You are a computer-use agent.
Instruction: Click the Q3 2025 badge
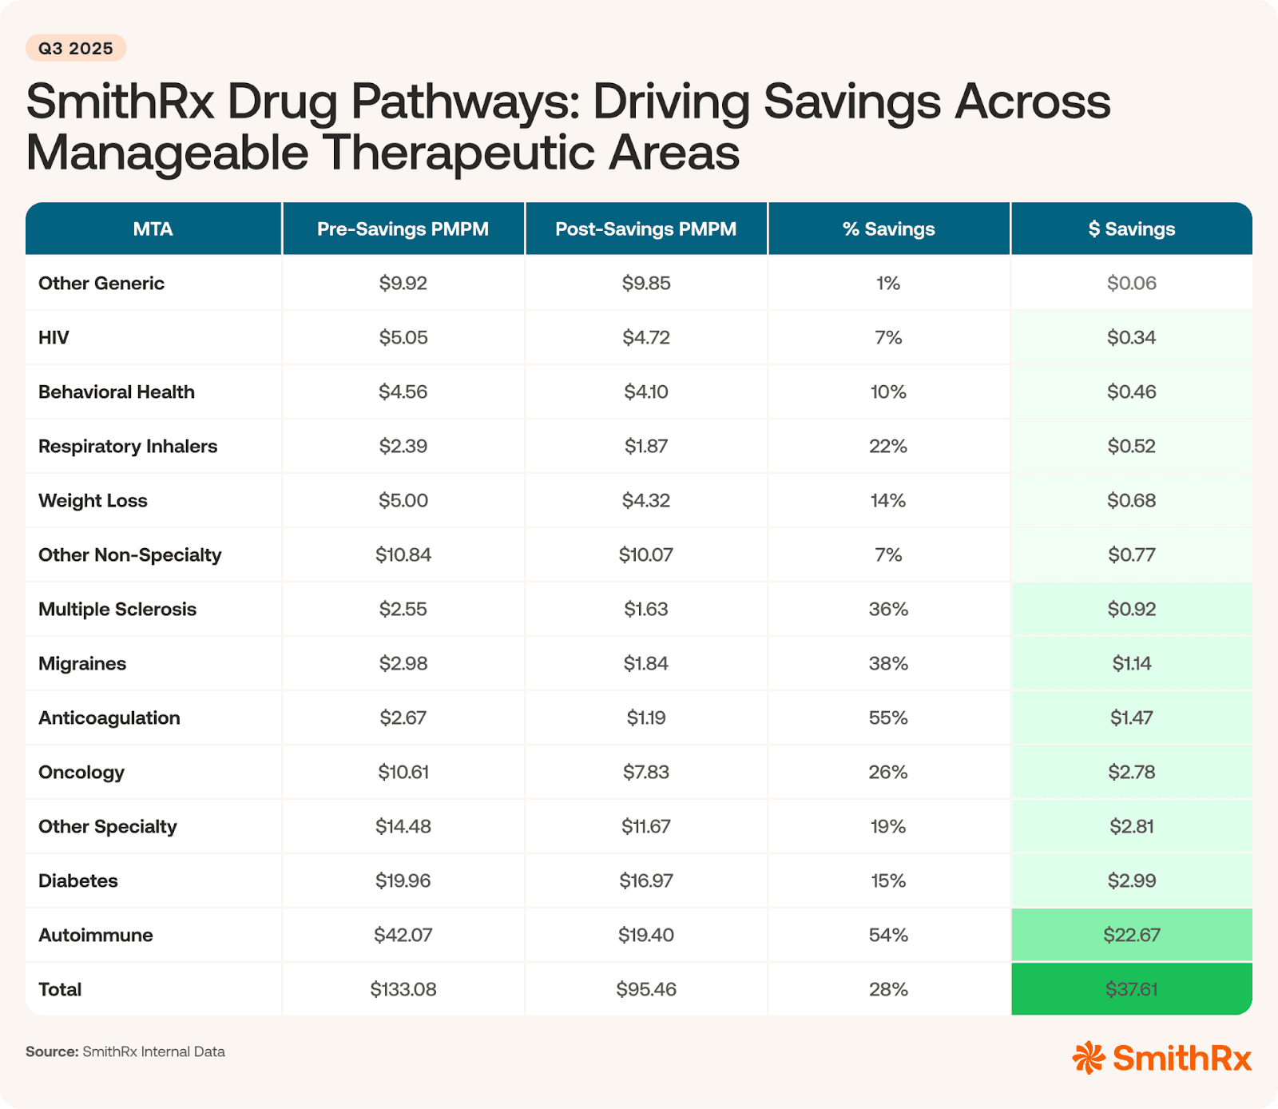pos(76,49)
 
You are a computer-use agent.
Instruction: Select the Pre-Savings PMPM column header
pos(403,229)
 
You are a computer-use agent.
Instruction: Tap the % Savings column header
pos(888,229)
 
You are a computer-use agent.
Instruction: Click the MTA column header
pos(153,229)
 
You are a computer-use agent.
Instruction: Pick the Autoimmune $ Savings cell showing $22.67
pos(1131,935)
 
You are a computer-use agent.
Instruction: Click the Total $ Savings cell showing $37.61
pos(1131,989)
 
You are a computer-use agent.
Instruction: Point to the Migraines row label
pos(82,663)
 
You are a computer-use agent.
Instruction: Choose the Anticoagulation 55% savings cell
pos(888,717)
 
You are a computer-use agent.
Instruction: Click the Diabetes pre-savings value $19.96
pos(403,880)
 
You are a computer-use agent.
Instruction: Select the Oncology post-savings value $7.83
pos(645,772)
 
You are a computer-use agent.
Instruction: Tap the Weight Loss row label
pos(93,500)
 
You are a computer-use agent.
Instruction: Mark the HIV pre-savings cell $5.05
pos(403,337)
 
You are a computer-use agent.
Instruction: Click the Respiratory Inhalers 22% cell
pos(888,446)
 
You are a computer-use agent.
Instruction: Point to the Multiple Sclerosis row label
pos(117,609)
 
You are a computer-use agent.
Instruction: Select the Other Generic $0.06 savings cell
pos(1131,283)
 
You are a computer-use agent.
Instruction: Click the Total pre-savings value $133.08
pos(403,989)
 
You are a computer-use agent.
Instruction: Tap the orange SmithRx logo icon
pos(1088,1057)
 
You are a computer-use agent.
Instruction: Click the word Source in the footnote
pos(51,1051)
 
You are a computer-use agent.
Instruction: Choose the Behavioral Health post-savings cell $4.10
pos(645,392)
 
